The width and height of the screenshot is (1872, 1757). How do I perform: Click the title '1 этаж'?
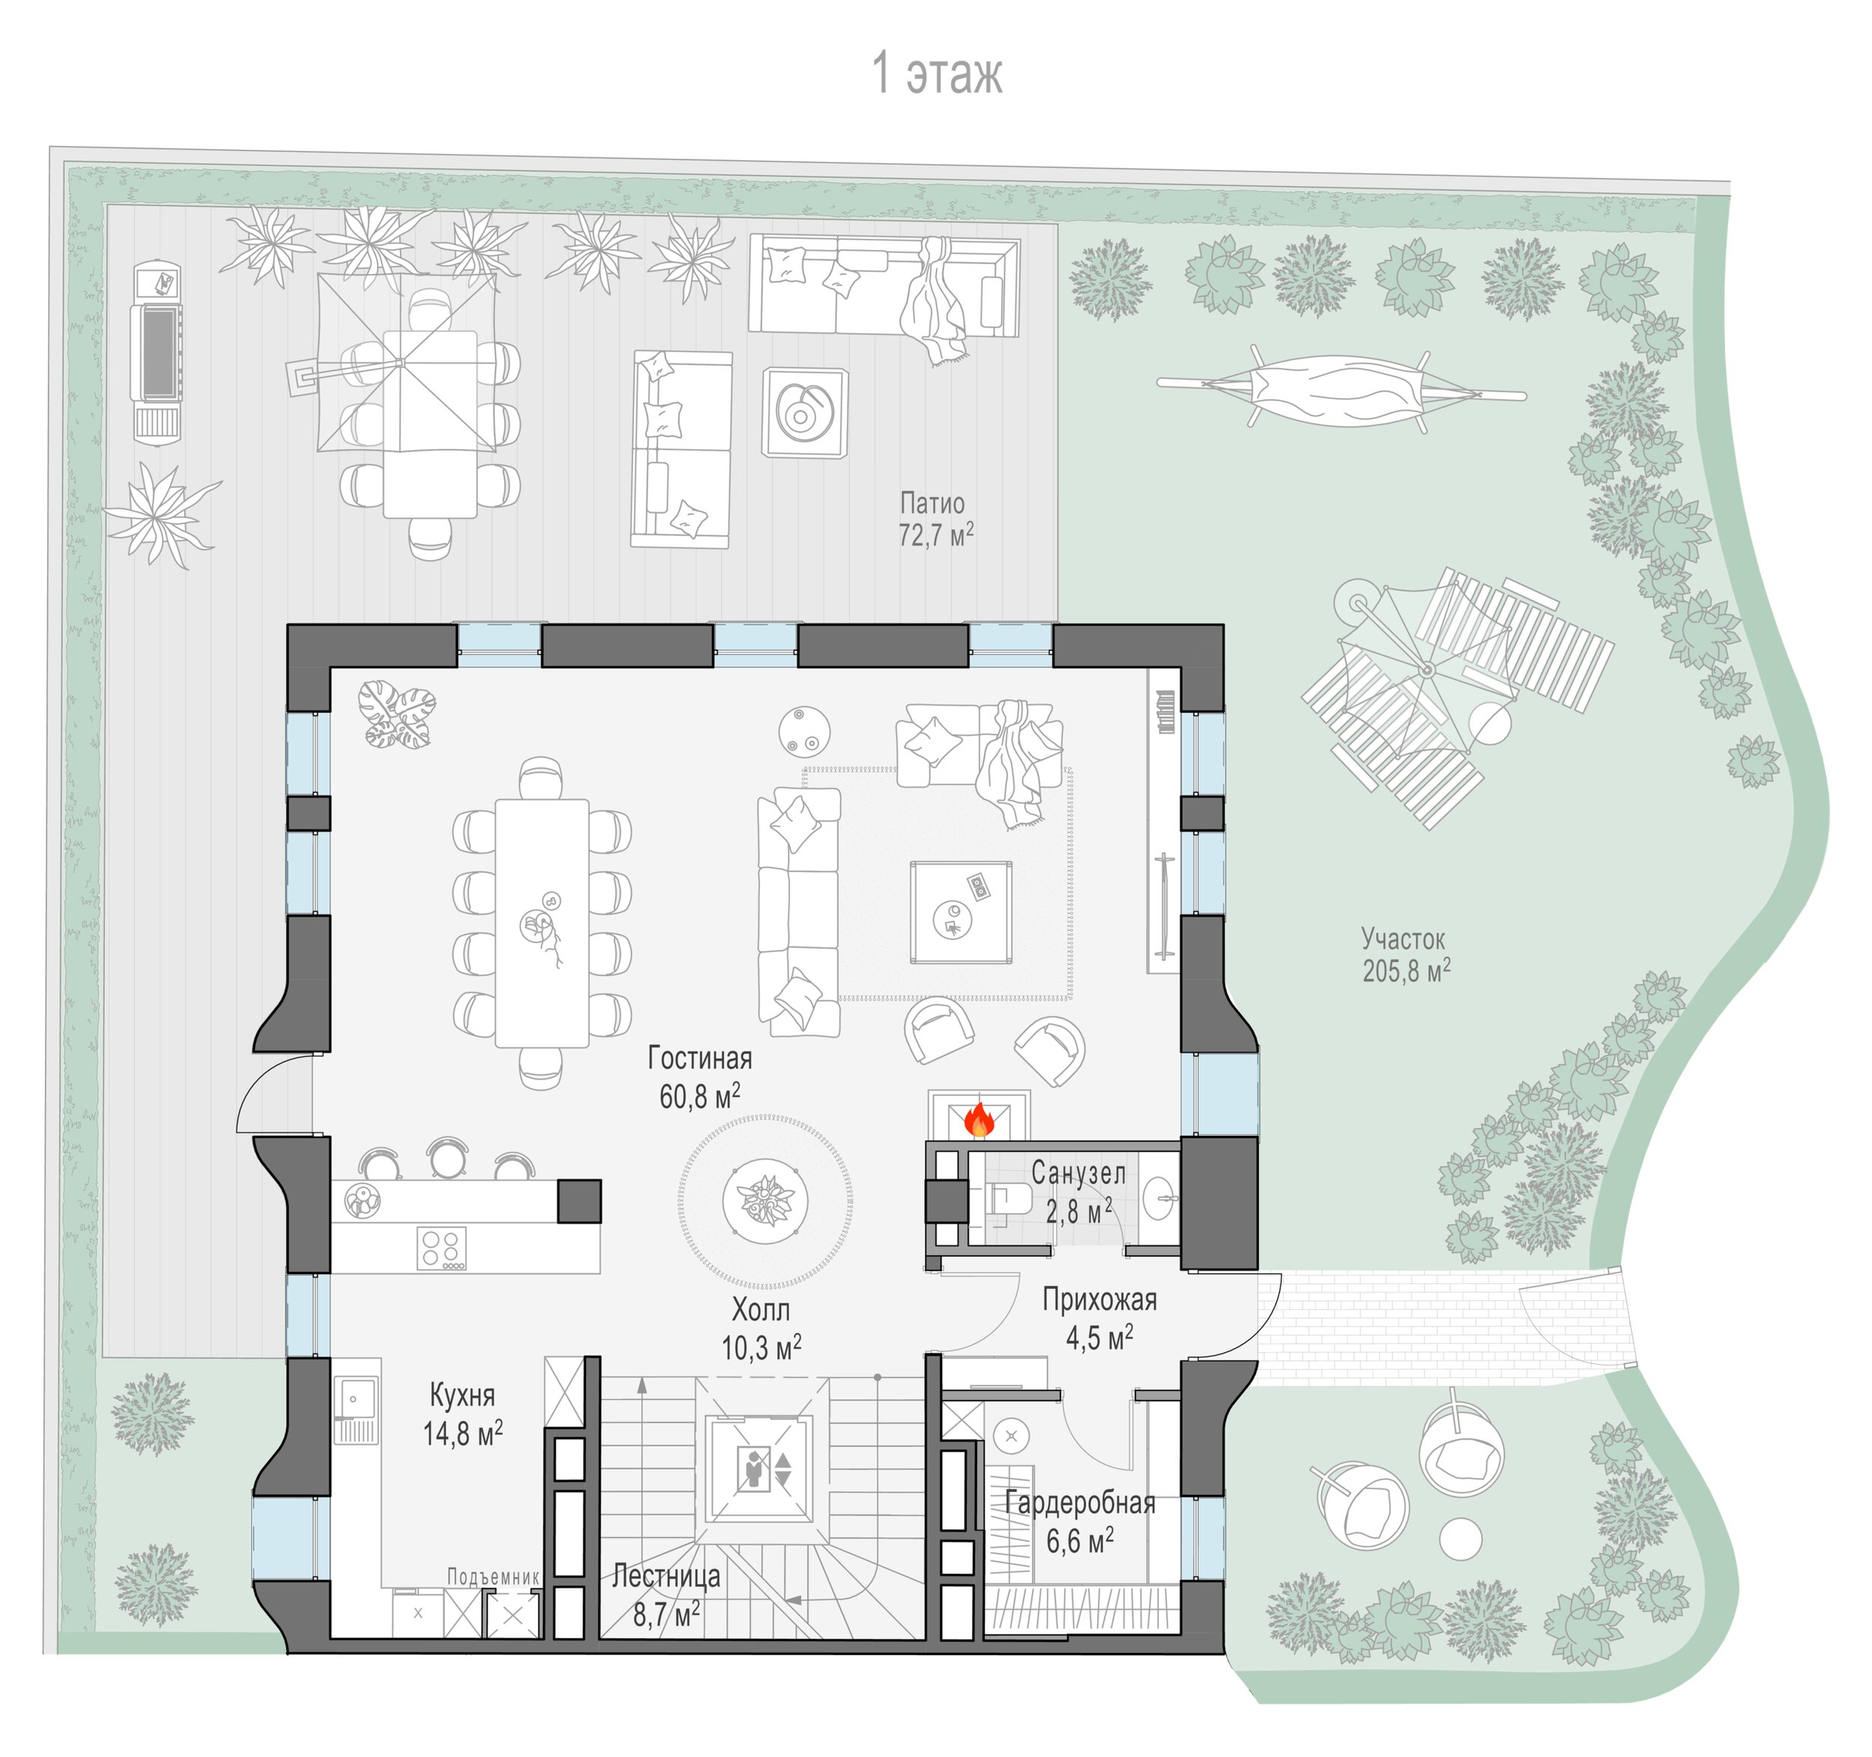pos(937,73)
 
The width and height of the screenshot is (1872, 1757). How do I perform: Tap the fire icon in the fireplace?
pos(979,1121)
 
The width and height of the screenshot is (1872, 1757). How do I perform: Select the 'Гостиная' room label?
pos(699,1059)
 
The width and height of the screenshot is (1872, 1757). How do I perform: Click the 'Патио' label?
pos(932,503)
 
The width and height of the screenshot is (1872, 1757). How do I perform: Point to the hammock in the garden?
pos(1341,387)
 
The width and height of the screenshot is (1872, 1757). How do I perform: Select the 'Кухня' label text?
pos(461,1395)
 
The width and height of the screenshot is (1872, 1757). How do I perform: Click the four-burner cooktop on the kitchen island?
pos(442,1249)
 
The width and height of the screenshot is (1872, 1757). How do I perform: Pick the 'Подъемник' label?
pos(493,1577)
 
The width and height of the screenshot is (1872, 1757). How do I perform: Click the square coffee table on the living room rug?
pos(961,913)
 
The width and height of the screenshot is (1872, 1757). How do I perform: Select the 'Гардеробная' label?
pos(1080,1502)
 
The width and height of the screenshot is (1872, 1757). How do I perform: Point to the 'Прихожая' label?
pos(1099,1300)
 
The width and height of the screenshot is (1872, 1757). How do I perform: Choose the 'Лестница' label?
pos(666,1575)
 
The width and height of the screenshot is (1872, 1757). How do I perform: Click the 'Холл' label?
pos(761,1309)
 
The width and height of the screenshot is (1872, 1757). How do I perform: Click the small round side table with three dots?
pos(804,730)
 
